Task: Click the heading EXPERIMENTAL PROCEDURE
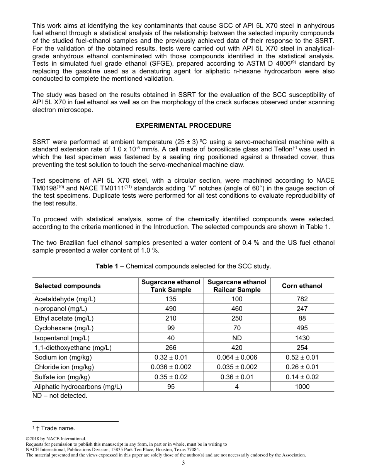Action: click(183, 126)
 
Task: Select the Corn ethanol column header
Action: click(302, 286)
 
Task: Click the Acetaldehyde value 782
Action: click(302, 299)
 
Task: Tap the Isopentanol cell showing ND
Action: click(237, 338)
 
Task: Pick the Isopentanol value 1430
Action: click(302, 338)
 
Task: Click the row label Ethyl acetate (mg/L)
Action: click(64, 318)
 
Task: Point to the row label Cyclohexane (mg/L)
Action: click(64, 328)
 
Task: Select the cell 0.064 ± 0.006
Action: click(237, 357)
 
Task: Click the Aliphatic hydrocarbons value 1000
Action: click(302, 387)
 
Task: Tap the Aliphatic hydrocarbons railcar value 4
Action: click(237, 387)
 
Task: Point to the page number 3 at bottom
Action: click(183, 463)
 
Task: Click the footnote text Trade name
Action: click(58, 428)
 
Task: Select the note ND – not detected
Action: click(60, 396)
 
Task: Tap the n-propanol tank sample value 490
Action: click(171, 309)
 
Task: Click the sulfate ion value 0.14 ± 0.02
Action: click(302, 377)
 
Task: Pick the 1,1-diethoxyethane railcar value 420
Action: click(237, 348)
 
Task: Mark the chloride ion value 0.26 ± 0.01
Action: click(302, 367)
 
